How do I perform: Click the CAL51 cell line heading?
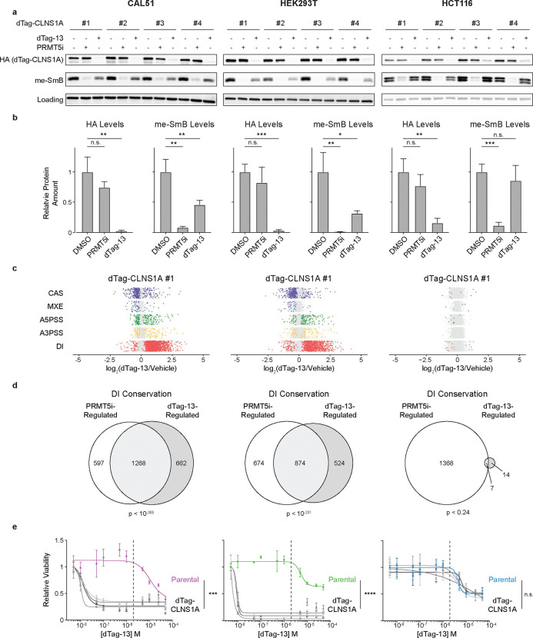coord(134,6)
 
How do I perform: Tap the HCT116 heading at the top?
coord(461,6)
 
